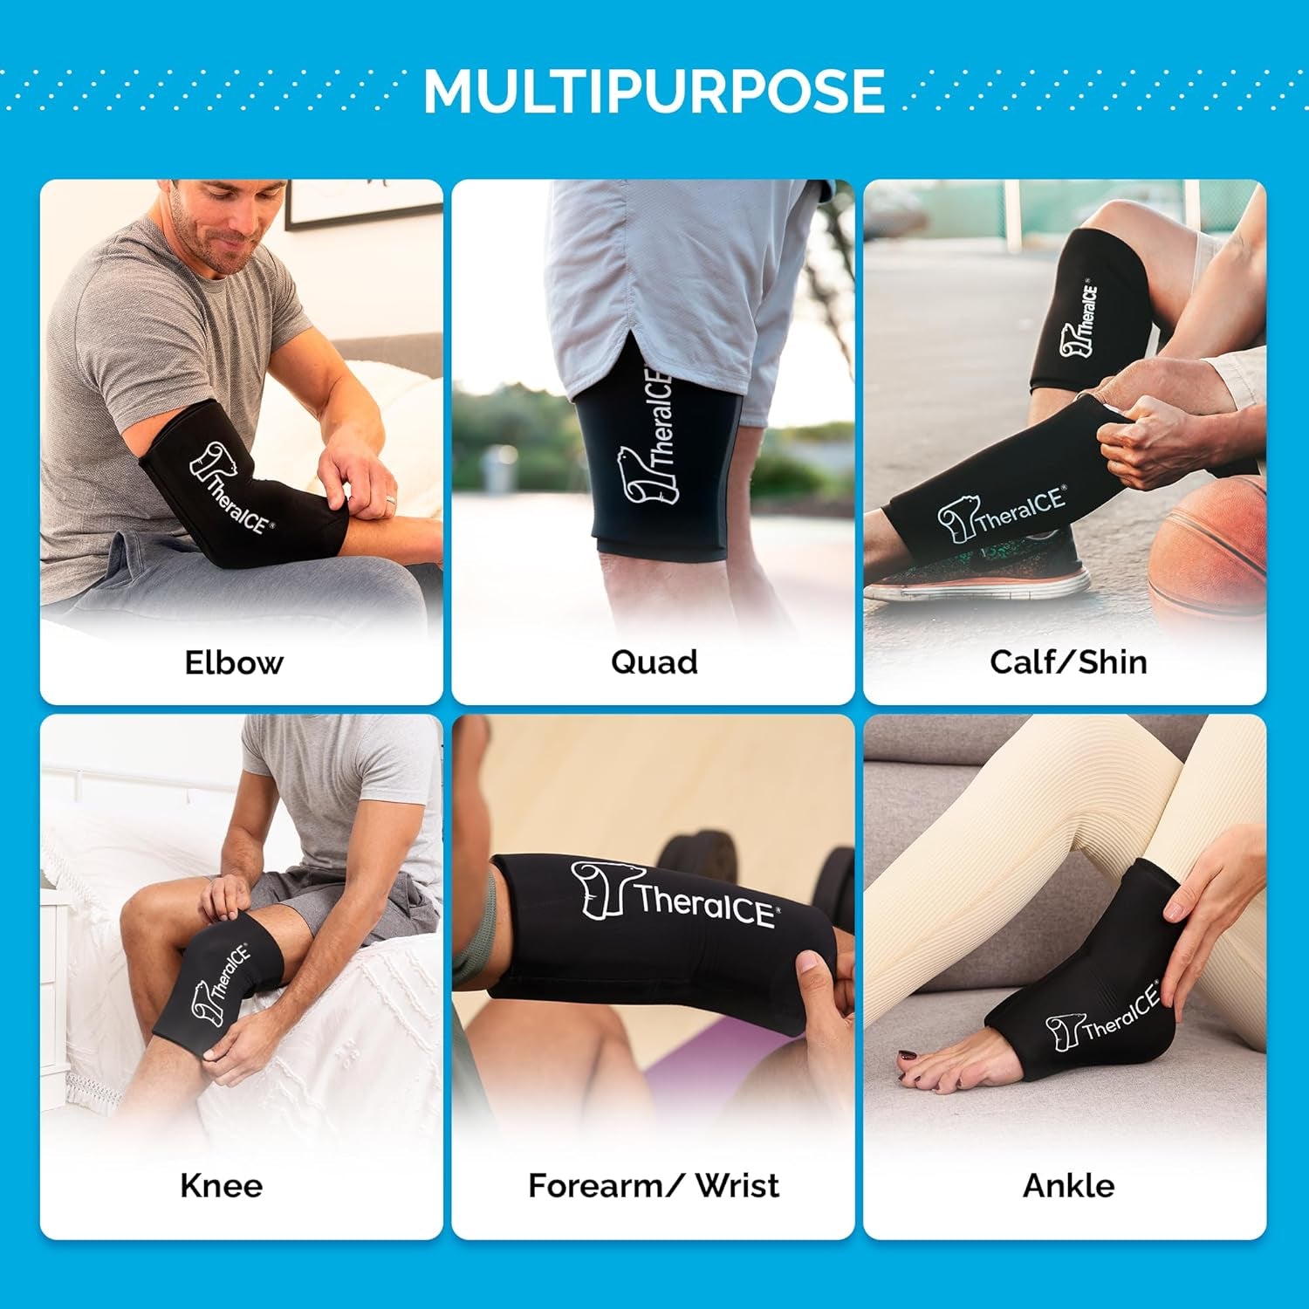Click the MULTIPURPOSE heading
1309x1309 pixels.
[x=654, y=91]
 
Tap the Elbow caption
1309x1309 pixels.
[x=234, y=662]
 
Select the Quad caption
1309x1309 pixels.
[x=654, y=662]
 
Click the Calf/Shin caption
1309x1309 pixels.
[x=1068, y=662]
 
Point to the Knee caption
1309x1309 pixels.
[x=221, y=1186]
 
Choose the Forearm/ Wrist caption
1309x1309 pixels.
[x=654, y=1186]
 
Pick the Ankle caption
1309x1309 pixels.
[x=1068, y=1186]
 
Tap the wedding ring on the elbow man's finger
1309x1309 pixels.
[x=391, y=502]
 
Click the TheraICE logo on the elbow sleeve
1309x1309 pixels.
[x=230, y=489]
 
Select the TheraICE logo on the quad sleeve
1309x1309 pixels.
[x=650, y=436]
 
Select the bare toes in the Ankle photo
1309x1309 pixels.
[x=925, y=1069]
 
